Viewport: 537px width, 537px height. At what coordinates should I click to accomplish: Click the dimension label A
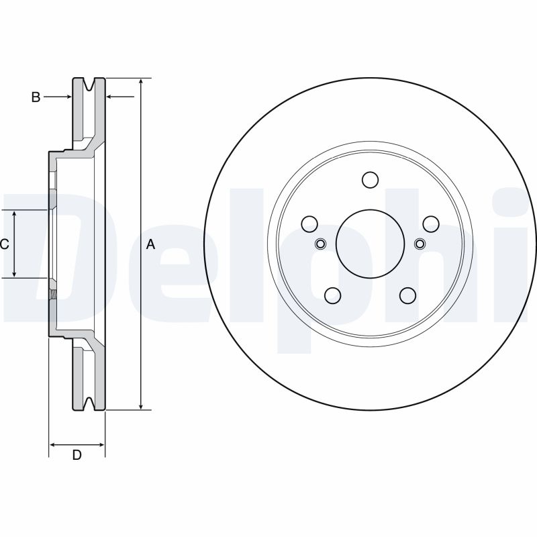(150, 245)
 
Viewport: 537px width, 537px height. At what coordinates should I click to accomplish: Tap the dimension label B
(36, 97)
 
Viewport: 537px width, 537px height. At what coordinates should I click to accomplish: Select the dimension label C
(4, 244)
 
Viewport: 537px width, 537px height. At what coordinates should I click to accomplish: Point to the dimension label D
(77, 455)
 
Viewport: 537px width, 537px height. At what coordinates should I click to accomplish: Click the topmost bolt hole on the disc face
(370, 180)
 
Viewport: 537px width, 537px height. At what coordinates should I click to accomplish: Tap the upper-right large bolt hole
(430, 224)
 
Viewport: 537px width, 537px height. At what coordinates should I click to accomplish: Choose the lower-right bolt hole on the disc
(407, 295)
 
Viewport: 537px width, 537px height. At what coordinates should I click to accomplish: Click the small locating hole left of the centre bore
(320, 243)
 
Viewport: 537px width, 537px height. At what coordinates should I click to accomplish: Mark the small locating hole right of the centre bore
(420, 243)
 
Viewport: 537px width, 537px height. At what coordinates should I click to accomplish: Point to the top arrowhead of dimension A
(140, 82)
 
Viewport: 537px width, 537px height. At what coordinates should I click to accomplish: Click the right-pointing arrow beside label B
(67, 97)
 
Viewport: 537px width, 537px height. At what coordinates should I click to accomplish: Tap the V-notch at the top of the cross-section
(89, 83)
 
